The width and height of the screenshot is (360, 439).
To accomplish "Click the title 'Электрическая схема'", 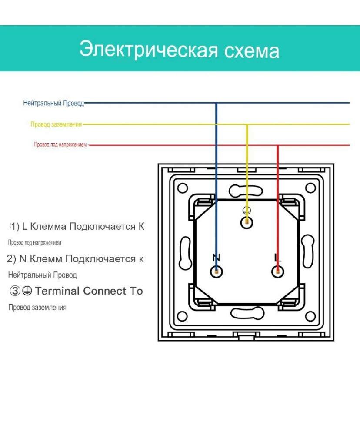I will click(179, 49).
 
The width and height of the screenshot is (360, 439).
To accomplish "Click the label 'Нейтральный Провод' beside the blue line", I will click(53, 104).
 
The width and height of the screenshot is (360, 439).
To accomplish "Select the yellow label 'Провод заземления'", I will click(56, 124).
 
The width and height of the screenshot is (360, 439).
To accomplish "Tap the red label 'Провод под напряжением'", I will click(60, 144).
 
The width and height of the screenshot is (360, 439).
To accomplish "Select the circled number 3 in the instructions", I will click(15, 291).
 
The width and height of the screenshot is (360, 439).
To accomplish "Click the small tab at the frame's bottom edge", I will click(246, 335).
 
